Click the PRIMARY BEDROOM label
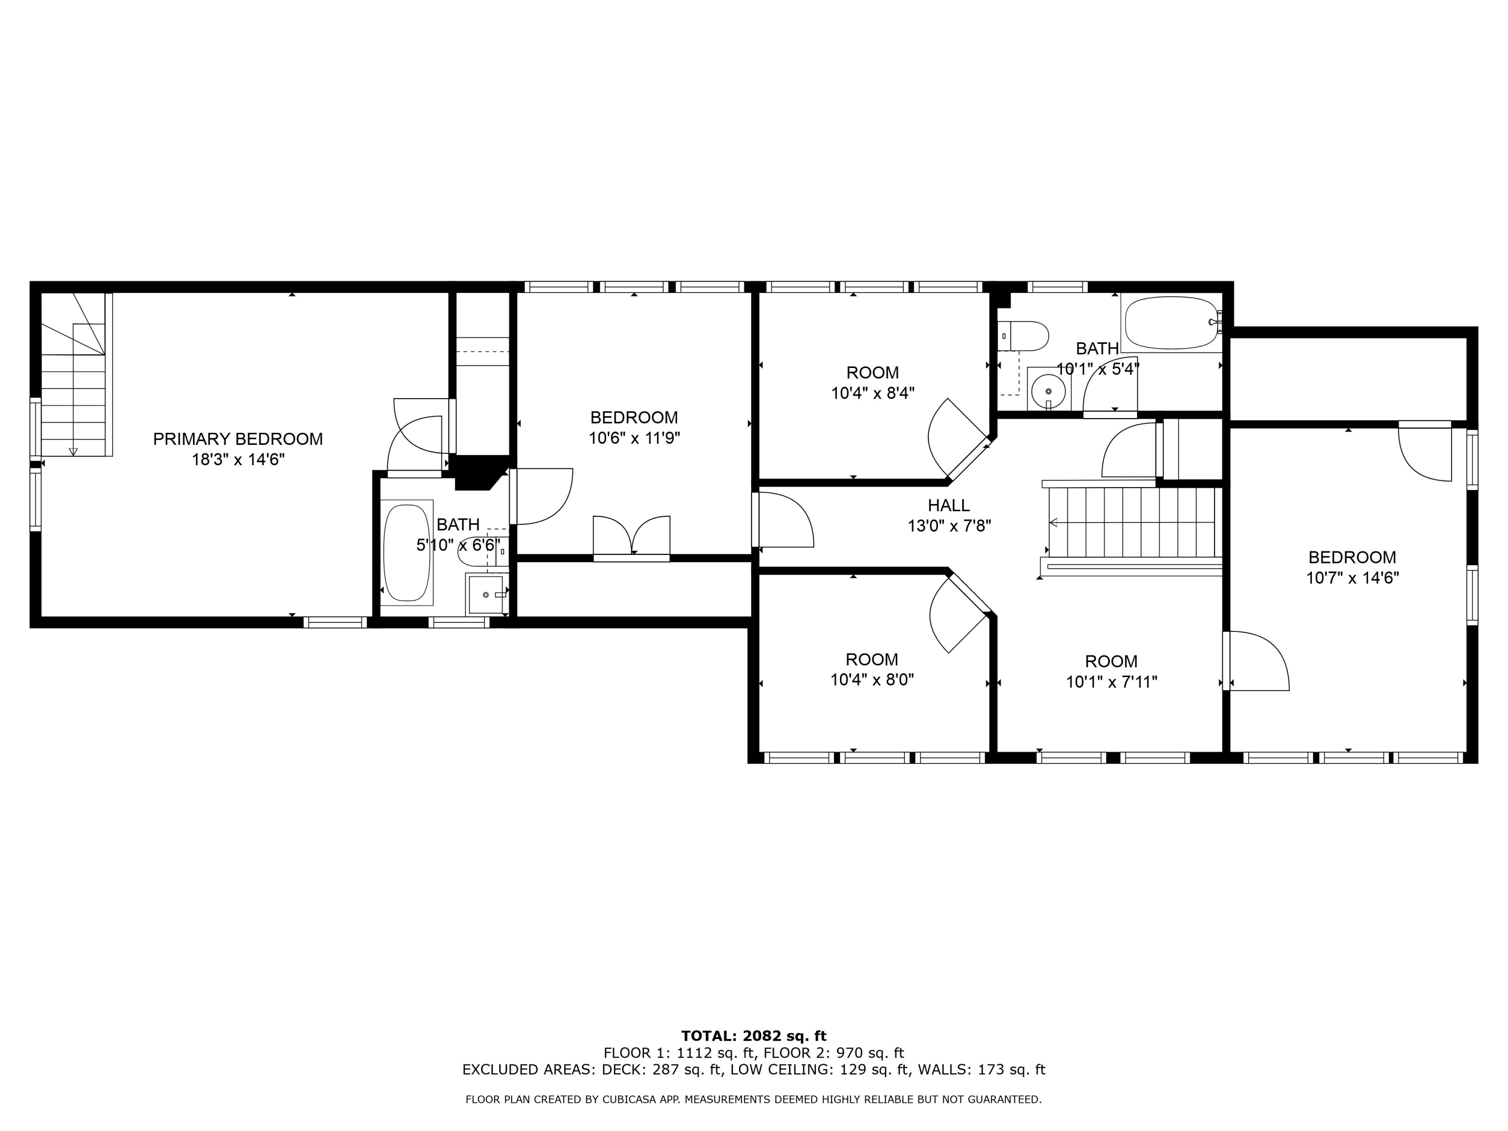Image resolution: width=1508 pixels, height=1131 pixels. [237, 439]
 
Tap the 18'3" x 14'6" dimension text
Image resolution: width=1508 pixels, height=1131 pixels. [238, 459]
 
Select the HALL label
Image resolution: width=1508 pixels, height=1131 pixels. [949, 505]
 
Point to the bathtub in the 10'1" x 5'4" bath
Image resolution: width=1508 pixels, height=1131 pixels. [1172, 324]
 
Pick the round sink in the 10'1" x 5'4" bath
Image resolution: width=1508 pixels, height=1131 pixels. [1049, 390]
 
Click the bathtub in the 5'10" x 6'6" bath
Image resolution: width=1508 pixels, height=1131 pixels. [408, 552]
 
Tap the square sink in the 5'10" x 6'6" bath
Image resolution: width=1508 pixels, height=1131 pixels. [486, 595]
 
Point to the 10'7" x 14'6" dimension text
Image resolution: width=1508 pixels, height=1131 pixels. [1353, 578]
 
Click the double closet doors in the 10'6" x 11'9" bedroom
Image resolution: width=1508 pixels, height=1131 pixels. [631, 538]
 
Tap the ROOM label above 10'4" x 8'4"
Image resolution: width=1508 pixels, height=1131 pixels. [873, 373]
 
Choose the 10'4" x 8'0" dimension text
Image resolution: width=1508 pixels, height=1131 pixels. [872, 680]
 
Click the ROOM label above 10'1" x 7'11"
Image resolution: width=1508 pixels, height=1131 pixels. [1111, 662]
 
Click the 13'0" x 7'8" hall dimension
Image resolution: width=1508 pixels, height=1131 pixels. [949, 526]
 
